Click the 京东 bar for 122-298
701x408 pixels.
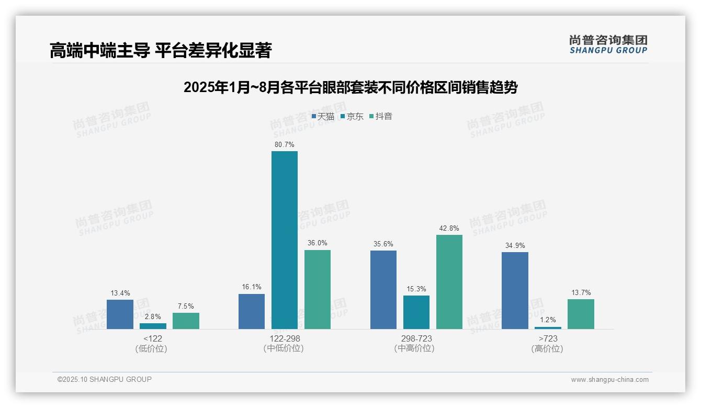[x=284, y=240]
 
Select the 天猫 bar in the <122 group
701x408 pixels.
[x=120, y=314]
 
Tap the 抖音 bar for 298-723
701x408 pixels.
[x=449, y=282]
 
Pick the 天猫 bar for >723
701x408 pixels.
[x=515, y=290]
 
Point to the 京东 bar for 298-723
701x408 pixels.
[x=416, y=312]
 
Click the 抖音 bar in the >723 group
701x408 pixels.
[x=581, y=314]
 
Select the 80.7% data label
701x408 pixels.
[x=284, y=144]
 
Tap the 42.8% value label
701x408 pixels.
[x=449, y=228]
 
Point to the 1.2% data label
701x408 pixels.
[x=548, y=320]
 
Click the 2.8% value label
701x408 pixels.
[x=153, y=316]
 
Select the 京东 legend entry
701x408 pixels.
[x=352, y=116]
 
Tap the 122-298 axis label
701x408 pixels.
[x=285, y=338]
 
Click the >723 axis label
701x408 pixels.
[x=548, y=338]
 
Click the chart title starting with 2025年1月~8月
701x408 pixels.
[x=350, y=87]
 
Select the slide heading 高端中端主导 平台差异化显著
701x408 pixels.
[x=161, y=51]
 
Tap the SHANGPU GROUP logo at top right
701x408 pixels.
[x=608, y=44]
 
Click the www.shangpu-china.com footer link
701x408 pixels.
[x=609, y=380]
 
